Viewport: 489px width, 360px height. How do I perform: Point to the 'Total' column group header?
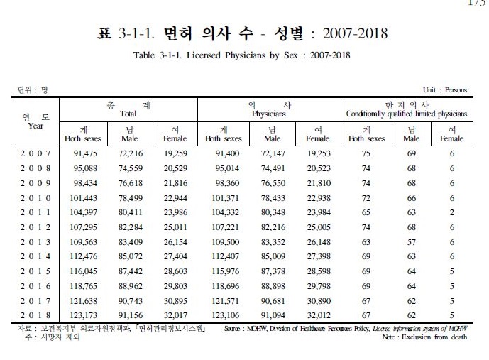click(128, 113)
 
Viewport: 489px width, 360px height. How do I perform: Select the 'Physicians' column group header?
click(269, 113)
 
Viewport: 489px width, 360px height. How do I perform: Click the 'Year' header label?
click(35, 126)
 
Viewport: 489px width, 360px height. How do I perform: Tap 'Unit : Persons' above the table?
click(445, 90)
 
